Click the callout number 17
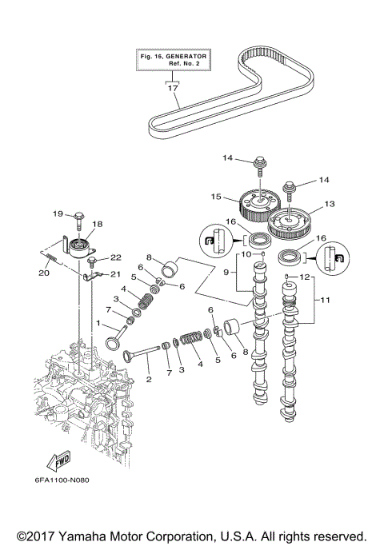click(172, 88)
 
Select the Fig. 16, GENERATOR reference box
click(172, 61)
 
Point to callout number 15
click(216, 195)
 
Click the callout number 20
click(42, 271)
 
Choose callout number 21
click(116, 273)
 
